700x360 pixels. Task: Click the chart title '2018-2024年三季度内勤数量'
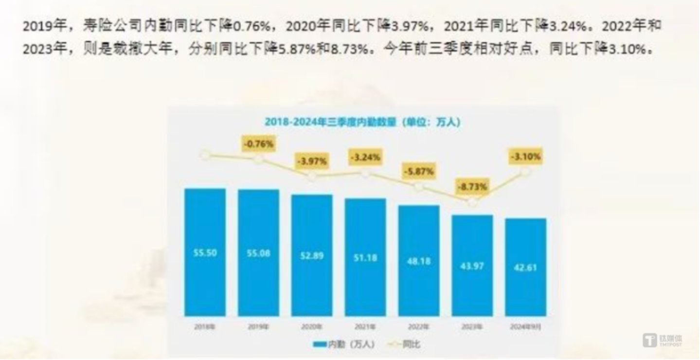coord(362,122)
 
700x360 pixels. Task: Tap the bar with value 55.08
coord(258,253)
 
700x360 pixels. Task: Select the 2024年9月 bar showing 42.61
coord(526,267)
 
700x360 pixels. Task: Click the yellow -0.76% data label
coord(258,144)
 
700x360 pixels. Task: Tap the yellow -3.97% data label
coord(312,161)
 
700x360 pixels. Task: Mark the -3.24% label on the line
coord(365,157)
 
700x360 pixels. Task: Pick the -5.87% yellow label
coord(418,171)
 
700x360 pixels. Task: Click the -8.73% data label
coord(472,186)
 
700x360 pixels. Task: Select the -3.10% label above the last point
coord(526,157)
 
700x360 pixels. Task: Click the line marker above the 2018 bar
coord(205,155)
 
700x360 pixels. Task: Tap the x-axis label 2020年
coord(312,326)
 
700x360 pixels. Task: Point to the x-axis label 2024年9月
coord(526,326)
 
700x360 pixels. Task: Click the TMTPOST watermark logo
coord(663,340)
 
